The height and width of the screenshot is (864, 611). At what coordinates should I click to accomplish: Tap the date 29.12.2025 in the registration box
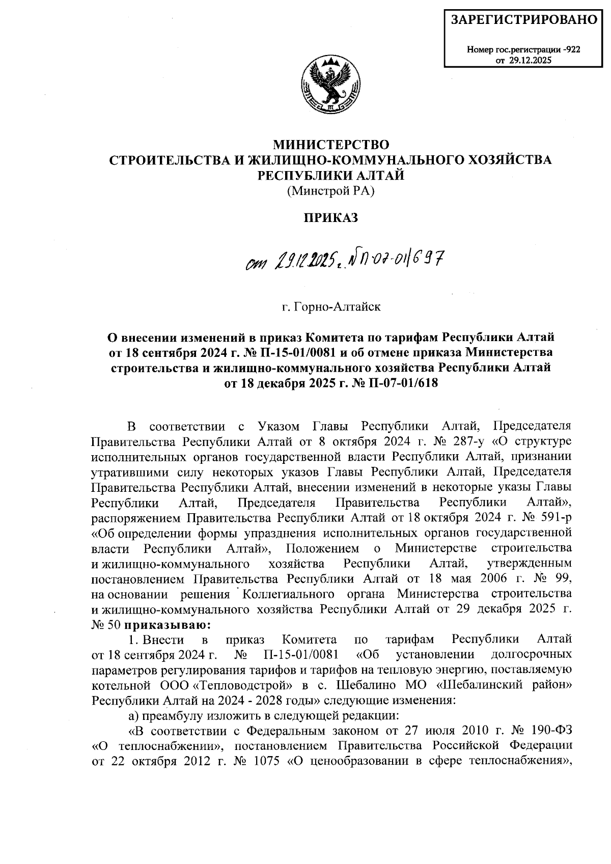point(529,60)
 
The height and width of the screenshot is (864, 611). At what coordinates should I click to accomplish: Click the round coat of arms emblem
point(330,87)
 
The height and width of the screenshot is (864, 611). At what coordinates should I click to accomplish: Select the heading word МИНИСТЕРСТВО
point(331,144)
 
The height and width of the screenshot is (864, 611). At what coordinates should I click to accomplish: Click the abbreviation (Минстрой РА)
point(331,191)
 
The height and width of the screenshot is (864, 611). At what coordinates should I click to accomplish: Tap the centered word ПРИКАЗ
point(331,218)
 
